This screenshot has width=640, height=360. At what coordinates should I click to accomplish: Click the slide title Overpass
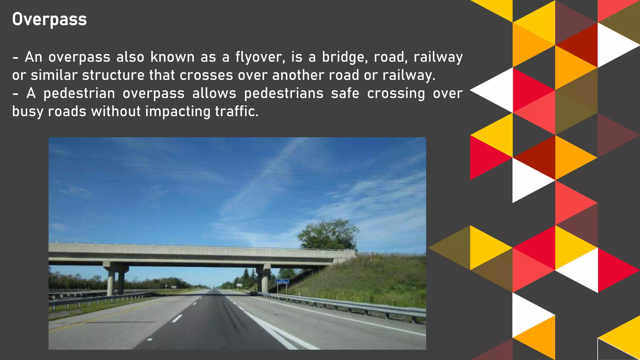[x=49, y=19]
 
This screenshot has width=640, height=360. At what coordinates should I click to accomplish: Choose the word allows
[x=214, y=93]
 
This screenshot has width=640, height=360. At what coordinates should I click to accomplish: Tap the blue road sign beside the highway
[x=282, y=281]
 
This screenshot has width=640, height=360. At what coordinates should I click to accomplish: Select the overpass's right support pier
[x=264, y=279]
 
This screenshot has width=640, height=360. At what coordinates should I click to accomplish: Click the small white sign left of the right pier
[x=239, y=285]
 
